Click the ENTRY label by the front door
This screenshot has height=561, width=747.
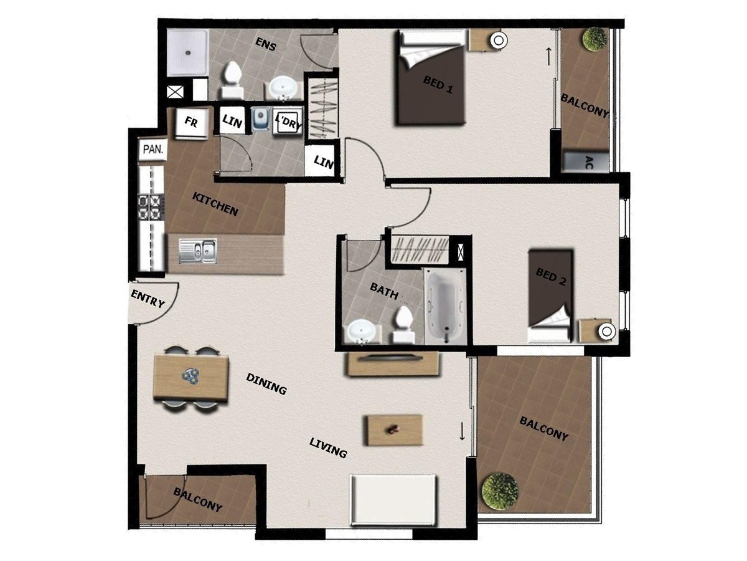click(148, 299)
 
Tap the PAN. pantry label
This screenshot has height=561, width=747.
click(153, 149)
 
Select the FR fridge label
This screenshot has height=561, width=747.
click(191, 122)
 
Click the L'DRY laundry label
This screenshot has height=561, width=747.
click(289, 123)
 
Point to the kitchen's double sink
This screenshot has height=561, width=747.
click(198, 251)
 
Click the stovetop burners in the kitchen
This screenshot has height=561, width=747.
click(151, 207)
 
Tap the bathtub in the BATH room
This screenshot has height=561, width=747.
click(445, 306)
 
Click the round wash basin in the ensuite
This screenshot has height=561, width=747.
click(283, 87)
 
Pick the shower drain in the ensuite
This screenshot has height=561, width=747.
click(187, 53)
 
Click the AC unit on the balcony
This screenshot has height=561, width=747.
click(586, 162)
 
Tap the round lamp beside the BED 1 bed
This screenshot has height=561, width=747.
click(499, 41)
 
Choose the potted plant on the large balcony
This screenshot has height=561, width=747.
click(500, 492)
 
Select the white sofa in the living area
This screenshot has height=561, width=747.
click(393, 500)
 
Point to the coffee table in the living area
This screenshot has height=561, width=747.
click(395, 430)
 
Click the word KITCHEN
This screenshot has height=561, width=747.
click(215, 204)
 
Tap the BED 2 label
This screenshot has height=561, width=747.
click(551, 276)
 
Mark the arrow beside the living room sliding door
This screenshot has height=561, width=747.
click(462, 431)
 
